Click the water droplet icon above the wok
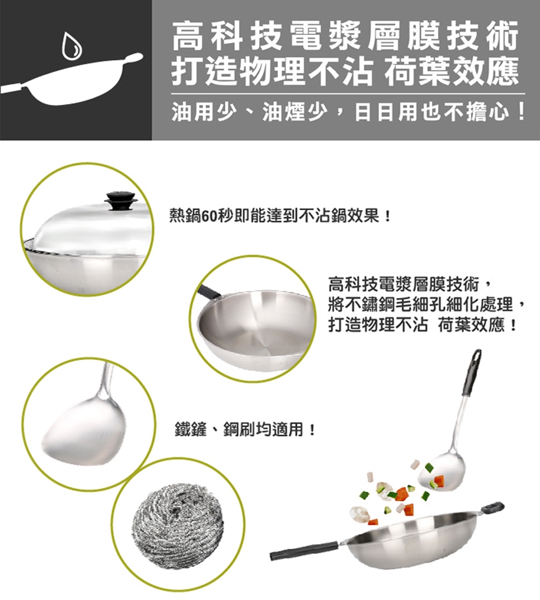(x=72, y=46)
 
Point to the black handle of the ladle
(x=471, y=372)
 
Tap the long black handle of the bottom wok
(x=304, y=550)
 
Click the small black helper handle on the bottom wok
(x=493, y=507)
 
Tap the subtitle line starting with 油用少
(x=348, y=112)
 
